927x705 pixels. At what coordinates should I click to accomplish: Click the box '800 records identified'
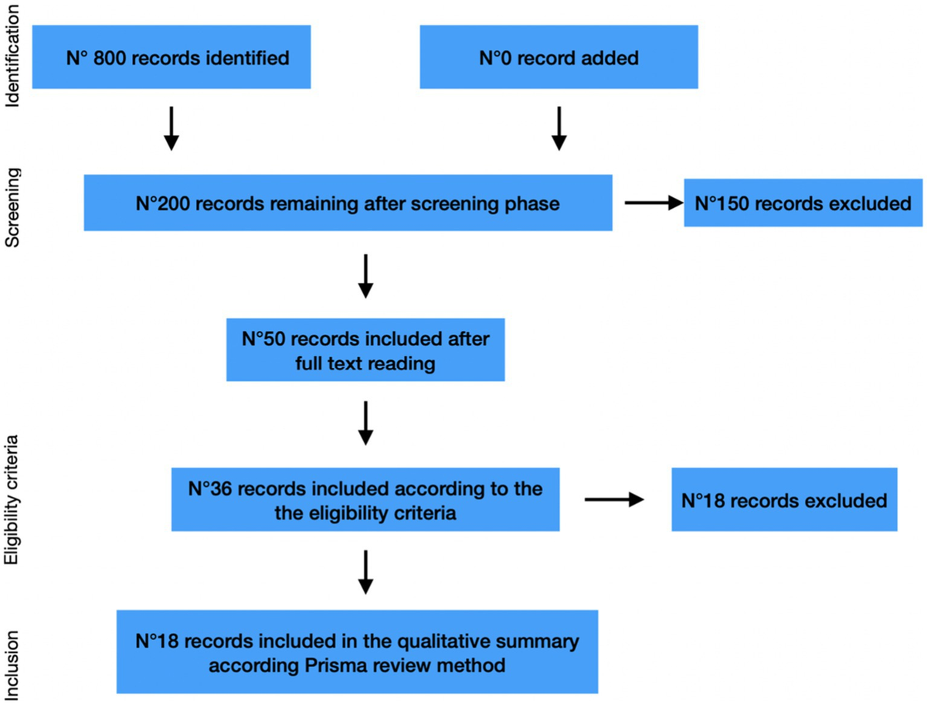(171, 58)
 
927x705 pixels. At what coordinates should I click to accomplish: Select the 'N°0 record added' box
(559, 58)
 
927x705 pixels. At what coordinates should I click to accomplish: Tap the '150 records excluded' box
(803, 204)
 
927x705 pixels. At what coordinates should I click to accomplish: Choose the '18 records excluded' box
(784, 500)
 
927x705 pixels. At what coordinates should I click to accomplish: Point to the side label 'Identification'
(15, 59)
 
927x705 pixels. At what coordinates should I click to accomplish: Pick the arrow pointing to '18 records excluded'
(614, 500)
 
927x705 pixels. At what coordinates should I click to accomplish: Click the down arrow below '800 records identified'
(171, 130)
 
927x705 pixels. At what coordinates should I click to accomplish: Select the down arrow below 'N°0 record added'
(559, 130)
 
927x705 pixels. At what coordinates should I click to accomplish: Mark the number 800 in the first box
(106, 58)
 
